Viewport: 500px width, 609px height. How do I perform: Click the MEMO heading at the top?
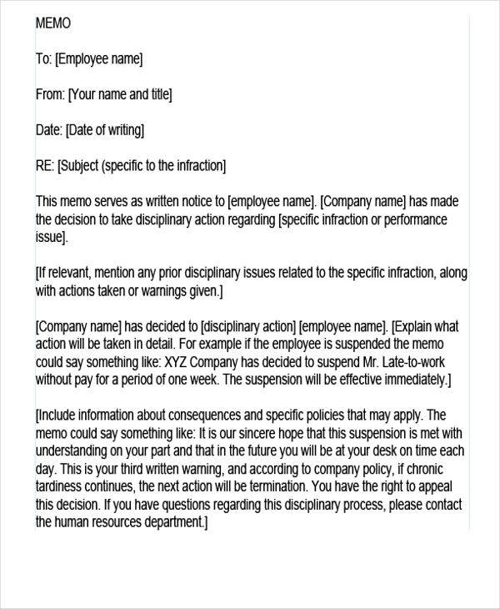pyautogui.click(x=53, y=23)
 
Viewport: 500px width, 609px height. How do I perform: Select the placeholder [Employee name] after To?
pyautogui.click(x=99, y=58)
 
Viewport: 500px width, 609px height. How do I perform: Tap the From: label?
pyautogui.click(x=49, y=94)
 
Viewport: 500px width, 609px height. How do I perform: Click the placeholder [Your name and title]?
pyautogui.click(x=120, y=94)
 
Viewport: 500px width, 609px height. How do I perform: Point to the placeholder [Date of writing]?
pyautogui.click(x=105, y=130)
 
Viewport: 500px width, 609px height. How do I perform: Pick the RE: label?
pyautogui.click(x=44, y=166)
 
